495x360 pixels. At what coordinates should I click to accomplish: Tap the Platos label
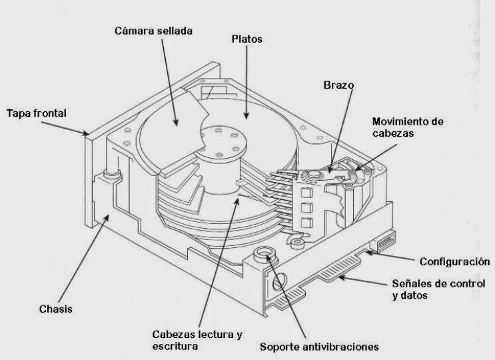247,39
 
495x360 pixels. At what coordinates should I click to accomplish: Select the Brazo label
338,86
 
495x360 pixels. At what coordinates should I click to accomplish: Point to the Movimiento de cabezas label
408,127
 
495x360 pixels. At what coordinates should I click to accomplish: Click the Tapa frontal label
37,113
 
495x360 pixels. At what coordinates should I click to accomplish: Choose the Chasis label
55,309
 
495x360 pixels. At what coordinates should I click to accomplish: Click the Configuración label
454,261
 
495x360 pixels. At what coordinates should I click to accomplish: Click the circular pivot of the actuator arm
311,177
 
